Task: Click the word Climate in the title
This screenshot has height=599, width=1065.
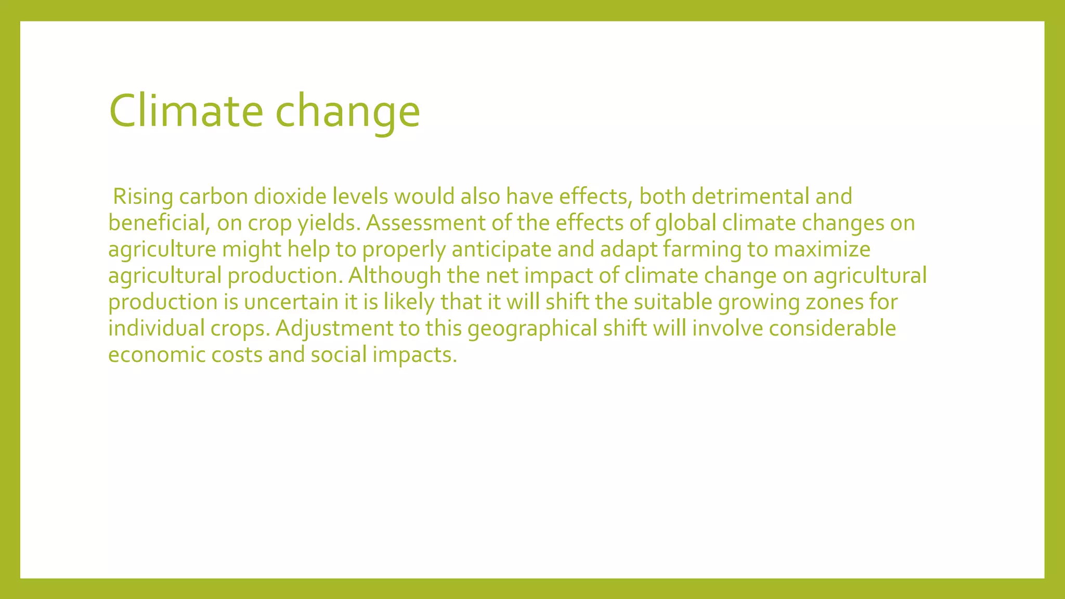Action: (x=186, y=111)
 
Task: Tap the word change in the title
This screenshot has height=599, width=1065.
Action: (x=347, y=111)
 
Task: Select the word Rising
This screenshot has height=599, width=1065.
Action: (x=143, y=197)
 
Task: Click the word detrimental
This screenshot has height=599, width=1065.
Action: (x=750, y=197)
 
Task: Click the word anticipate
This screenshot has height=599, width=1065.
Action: (x=501, y=250)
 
